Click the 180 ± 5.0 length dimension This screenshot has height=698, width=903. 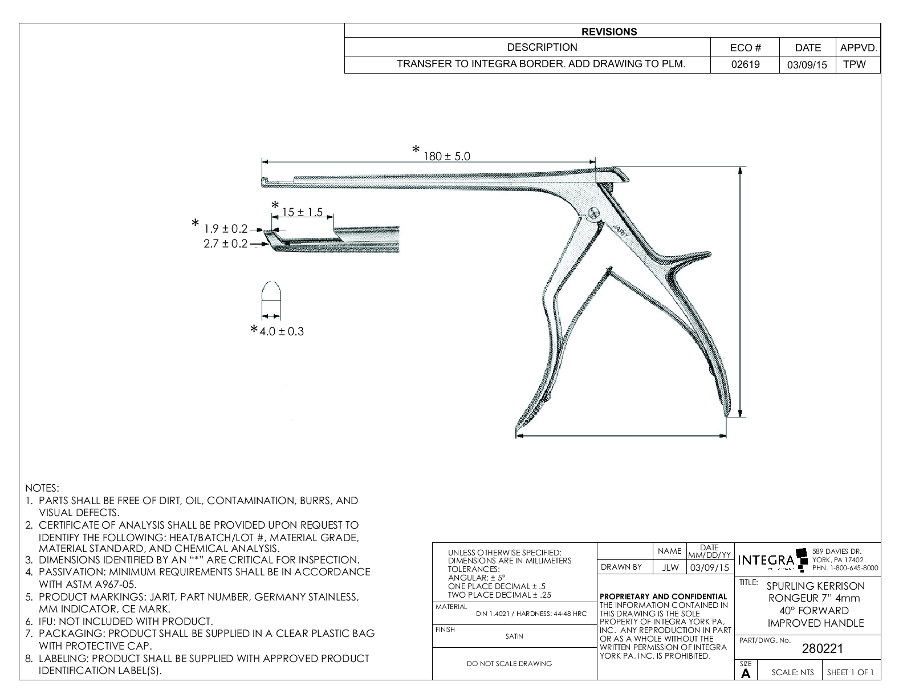[x=446, y=156]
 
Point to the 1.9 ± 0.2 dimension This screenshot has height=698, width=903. [x=226, y=229]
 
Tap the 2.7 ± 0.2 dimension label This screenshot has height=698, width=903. [x=226, y=244]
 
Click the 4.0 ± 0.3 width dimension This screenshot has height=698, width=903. [x=282, y=331]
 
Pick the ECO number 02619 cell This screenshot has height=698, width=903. [x=745, y=64]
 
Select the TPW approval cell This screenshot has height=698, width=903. [x=854, y=64]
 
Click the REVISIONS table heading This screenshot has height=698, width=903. [x=609, y=32]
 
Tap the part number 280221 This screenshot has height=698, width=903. [x=822, y=648]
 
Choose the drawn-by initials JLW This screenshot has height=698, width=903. [x=670, y=568]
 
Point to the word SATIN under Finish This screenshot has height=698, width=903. [x=514, y=636]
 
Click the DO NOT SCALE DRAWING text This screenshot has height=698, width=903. [x=509, y=664]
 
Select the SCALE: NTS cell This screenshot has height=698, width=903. [x=792, y=672]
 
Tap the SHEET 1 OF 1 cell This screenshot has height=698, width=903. [x=850, y=672]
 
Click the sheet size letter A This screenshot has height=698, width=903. [x=745, y=673]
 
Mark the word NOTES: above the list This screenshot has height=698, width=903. [x=42, y=488]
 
